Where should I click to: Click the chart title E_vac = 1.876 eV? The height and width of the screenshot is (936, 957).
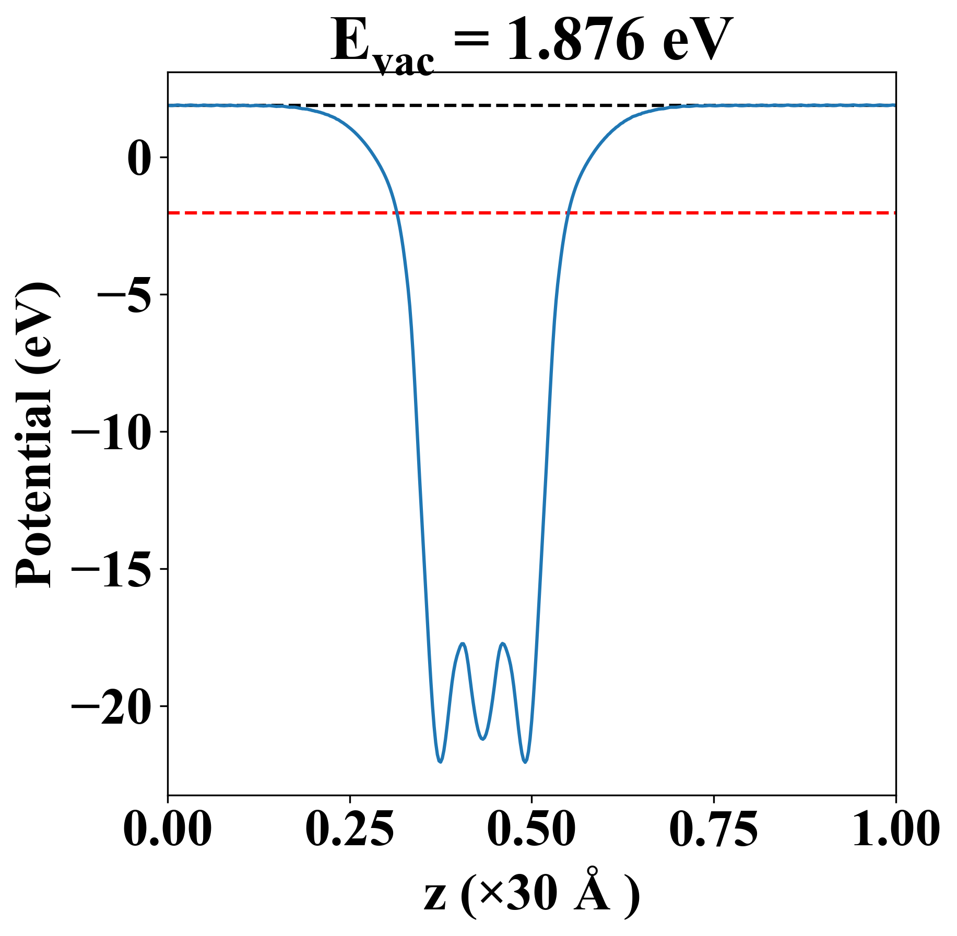[531, 42]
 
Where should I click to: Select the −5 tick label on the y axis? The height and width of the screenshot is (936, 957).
[125, 295]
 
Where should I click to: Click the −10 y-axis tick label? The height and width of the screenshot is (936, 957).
[112, 432]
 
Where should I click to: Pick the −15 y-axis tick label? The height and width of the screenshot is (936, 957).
[112, 569]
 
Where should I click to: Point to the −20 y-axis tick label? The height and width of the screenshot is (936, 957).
[112, 706]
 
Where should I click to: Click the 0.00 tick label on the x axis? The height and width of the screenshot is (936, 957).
[168, 830]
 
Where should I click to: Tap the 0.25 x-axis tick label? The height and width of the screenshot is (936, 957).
[349, 830]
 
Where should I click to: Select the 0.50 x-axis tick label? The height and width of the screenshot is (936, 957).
[531, 830]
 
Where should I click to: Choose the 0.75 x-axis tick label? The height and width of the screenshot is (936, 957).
[713, 830]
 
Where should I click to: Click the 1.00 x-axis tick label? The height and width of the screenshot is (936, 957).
[895, 830]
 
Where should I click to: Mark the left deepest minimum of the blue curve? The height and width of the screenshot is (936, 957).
[441, 762]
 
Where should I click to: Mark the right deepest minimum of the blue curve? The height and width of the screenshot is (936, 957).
[525, 762]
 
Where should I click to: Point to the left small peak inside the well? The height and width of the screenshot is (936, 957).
[463, 644]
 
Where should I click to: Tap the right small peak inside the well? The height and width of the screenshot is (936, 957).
[503, 643]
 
